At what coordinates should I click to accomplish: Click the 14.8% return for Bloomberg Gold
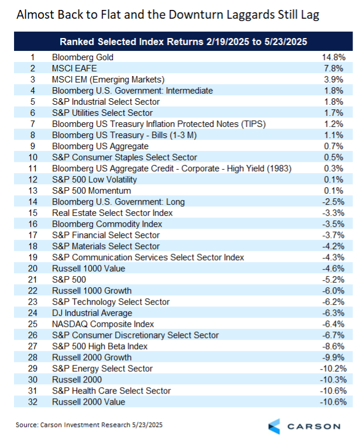point(334,57)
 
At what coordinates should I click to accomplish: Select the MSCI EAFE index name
point(74,68)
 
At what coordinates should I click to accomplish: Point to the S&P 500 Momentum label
point(91,191)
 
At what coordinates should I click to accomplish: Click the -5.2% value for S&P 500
point(334,280)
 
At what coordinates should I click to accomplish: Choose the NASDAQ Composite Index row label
point(103,324)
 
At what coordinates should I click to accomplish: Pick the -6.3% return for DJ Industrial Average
point(334,313)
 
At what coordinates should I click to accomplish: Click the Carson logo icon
point(274,425)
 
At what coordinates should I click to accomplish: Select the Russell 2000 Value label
point(88,402)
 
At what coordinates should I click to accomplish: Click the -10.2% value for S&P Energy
point(333,368)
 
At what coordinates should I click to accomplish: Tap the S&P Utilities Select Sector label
point(102,113)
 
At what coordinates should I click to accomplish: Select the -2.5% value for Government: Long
point(334,202)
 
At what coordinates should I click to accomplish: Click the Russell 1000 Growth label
point(92,291)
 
